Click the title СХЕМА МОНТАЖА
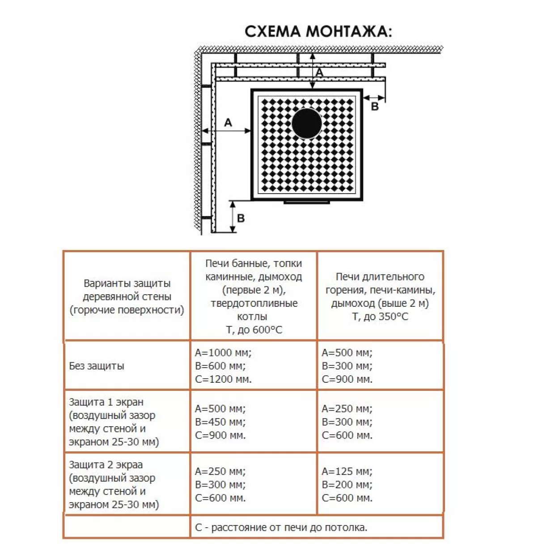coord(318,32)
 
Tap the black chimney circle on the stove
coord(306,123)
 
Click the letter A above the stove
coord(319,72)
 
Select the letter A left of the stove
coord(228,123)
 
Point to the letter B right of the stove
coord(375,107)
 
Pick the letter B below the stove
coord(241,218)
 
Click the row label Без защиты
coord(97,366)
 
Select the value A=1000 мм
coord(223,352)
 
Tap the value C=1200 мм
coord(223,379)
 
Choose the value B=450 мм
coord(220,422)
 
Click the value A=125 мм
coord(347,471)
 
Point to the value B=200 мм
coord(347,484)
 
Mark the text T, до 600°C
coord(254,330)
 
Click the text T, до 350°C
coord(380,317)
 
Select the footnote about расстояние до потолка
coord(281,527)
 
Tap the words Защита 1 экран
coord(106,402)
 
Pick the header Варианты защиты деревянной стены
coord(127,290)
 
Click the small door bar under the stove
coord(306,202)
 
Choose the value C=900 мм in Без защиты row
coord(347,379)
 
